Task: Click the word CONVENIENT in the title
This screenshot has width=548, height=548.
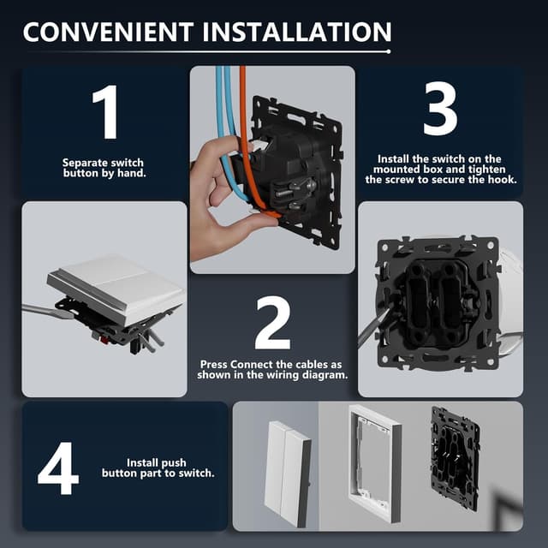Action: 108,32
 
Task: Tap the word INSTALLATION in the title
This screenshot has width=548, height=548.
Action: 297,32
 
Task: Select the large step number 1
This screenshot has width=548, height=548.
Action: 106,112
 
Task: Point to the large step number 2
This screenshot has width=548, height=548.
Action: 272,323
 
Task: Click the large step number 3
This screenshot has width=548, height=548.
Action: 440,109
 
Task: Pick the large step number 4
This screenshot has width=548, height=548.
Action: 58,468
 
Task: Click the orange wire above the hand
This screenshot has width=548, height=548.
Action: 243,104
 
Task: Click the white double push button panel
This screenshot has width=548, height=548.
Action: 288,474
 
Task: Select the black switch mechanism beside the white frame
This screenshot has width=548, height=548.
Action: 456,455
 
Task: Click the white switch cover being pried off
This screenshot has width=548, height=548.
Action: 116,289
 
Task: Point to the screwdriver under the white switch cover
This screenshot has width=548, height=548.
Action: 49,311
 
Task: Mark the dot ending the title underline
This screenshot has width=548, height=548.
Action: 389,51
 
